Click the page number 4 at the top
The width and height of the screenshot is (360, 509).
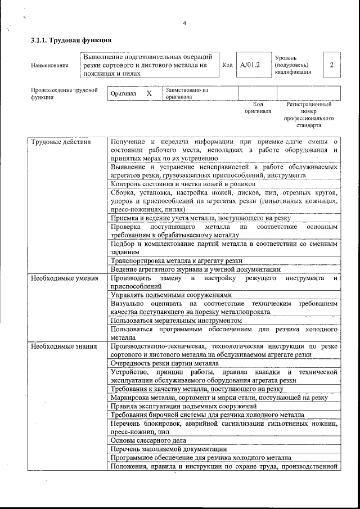(184, 23)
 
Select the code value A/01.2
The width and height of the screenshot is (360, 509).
(249, 65)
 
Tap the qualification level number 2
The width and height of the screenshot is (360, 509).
(331, 65)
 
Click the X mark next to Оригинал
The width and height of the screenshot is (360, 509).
(149, 93)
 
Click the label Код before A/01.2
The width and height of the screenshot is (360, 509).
(227, 65)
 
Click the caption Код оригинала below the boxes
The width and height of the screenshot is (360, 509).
(258, 108)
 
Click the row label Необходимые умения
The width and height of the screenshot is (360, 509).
(64, 278)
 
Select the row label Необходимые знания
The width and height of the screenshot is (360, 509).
(64, 346)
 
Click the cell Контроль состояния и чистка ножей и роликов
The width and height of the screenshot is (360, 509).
(183, 184)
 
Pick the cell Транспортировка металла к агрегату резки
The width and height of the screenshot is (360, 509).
(177, 260)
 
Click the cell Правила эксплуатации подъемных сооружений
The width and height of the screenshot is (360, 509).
(183, 406)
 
